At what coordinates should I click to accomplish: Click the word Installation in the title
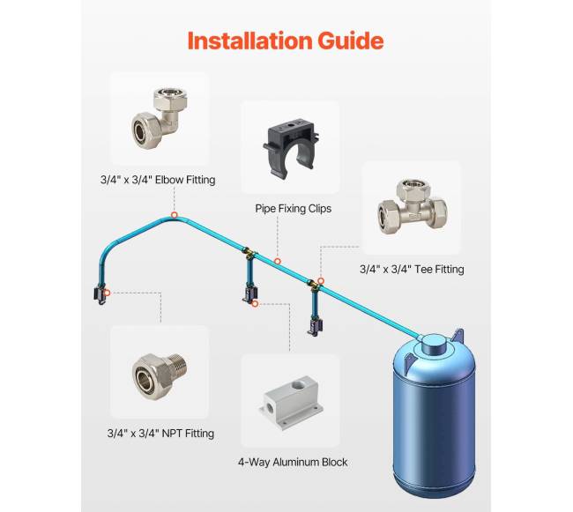click(x=250, y=41)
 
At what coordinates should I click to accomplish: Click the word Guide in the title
click(x=351, y=41)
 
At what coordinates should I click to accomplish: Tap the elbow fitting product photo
click(x=160, y=117)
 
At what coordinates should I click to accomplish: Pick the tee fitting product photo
click(x=412, y=207)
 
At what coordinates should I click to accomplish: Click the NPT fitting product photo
click(x=160, y=376)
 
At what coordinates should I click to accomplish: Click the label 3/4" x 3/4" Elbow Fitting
click(x=158, y=180)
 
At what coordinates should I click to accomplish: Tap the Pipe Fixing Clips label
click(x=293, y=209)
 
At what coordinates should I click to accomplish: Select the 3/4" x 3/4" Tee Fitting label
click(x=412, y=269)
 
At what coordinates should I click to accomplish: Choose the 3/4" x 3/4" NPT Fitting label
click(x=160, y=434)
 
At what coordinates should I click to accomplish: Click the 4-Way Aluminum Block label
click(x=293, y=462)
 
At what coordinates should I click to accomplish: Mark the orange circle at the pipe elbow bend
click(x=175, y=215)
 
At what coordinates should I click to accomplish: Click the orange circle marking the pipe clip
click(x=278, y=261)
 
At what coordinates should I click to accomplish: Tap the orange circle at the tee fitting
click(x=321, y=281)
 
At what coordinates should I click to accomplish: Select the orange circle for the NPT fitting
click(x=107, y=293)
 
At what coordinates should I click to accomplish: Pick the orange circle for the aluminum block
click(x=255, y=303)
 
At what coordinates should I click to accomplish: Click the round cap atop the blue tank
click(x=433, y=344)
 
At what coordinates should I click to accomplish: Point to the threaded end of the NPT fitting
click(x=178, y=366)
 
